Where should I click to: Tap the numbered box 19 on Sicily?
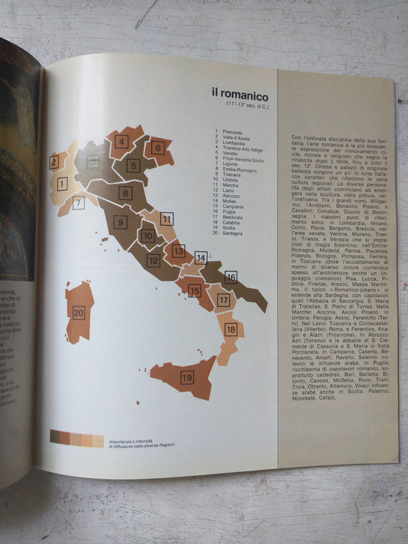[x=187, y=375]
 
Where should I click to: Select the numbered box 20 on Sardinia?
[x=78, y=313]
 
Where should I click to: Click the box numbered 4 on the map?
[x=122, y=142]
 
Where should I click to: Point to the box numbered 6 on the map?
[x=158, y=147]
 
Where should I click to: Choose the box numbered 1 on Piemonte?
[x=62, y=184]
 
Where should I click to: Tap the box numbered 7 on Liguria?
[x=79, y=202]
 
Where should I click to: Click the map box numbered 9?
[x=121, y=222]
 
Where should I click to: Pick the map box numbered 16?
[x=231, y=277]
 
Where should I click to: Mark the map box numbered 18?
[x=231, y=329]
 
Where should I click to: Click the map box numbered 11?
[x=167, y=219]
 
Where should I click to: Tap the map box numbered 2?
[x=54, y=161]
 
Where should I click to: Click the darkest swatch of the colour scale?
[x=54, y=439]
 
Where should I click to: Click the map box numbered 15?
[x=194, y=290]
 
